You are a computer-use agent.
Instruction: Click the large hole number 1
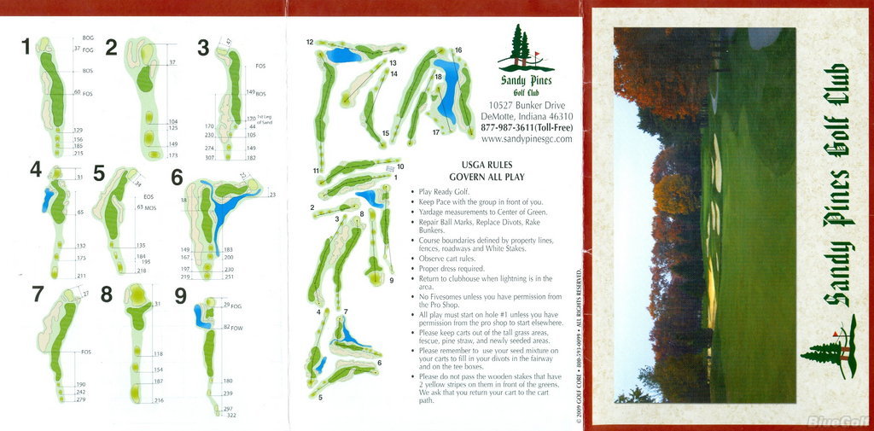(x=26, y=46)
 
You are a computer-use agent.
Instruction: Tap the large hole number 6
(x=177, y=177)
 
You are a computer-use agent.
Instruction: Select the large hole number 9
(x=180, y=295)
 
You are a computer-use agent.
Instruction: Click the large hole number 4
(x=35, y=170)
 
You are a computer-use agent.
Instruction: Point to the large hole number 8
(x=107, y=294)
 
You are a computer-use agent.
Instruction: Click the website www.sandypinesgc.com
(x=527, y=138)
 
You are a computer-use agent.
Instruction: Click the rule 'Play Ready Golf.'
(x=446, y=192)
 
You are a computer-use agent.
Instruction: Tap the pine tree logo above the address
(x=522, y=49)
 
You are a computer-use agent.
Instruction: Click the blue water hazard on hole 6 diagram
(x=226, y=205)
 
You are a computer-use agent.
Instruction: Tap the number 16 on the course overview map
(x=458, y=50)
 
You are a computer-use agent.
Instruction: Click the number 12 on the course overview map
(x=310, y=42)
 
